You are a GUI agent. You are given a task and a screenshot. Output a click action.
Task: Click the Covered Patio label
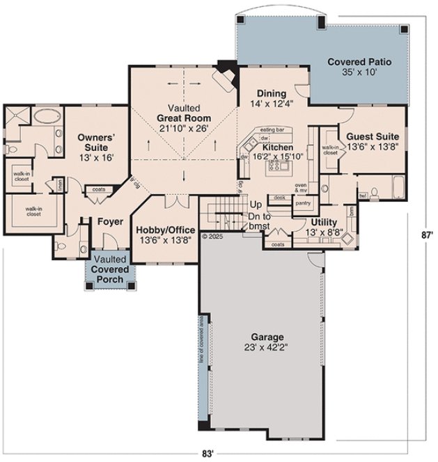click(359, 62)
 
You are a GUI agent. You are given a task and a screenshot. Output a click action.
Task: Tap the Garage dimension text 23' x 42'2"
click(261, 347)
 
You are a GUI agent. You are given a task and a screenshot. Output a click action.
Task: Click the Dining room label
click(271, 93)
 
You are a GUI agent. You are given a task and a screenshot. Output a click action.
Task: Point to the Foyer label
click(110, 222)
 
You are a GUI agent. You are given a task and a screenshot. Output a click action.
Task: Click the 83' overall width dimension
click(207, 453)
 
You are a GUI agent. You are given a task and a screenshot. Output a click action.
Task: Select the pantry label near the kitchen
click(302, 203)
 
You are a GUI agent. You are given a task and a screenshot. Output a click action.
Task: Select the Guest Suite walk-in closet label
click(329, 150)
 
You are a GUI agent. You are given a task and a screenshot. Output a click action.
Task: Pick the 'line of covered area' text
click(200, 342)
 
